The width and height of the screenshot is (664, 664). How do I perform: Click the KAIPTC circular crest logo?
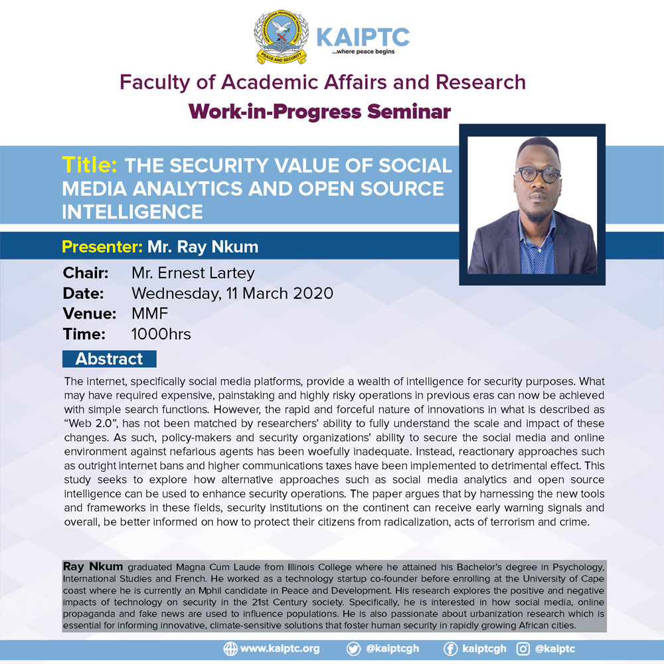[x=281, y=37]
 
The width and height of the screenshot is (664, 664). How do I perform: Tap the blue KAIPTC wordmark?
[x=363, y=37]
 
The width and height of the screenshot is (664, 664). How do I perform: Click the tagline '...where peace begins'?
[x=363, y=52]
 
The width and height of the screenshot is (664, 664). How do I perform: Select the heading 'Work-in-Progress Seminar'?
[x=320, y=112]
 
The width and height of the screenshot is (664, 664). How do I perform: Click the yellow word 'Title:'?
[x=90, y=165]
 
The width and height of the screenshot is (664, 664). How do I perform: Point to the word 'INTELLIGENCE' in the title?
[x=133, y=212]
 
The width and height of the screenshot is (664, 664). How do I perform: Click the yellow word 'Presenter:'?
[x=102, y=246]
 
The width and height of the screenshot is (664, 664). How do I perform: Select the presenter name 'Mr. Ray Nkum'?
[x=203, y=247]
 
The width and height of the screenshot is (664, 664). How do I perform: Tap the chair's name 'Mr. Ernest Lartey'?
[x=193, y=273]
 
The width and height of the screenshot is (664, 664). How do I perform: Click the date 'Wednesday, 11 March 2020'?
[x=232, y=293]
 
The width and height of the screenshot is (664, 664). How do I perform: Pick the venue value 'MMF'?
[x=150, y=313]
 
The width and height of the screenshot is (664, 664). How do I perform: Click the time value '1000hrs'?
[x=161, y=334]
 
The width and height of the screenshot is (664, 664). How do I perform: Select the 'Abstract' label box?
[x=110, y=359]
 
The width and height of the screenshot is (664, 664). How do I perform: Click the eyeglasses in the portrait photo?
[x=538, y=174]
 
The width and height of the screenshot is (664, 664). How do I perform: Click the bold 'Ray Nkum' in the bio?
[x=93, y=566]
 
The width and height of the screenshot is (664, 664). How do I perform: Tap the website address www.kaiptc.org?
[x=280, y=649]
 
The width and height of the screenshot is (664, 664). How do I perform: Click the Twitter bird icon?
[x=353, y=649]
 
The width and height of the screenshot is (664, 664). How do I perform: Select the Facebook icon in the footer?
[x=450, y=649]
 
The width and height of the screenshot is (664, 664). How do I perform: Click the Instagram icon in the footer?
[x=523, y=649]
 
